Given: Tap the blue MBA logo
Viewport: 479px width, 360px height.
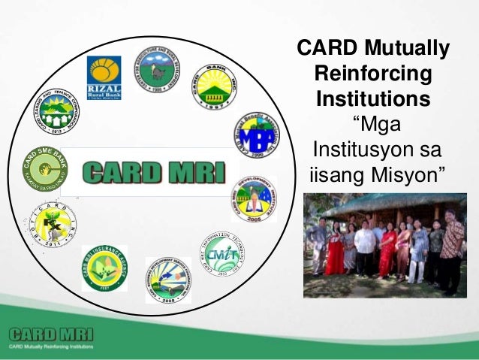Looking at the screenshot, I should tap(254, 133).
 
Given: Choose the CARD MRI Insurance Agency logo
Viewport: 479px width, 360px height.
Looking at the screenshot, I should tap(105, 268).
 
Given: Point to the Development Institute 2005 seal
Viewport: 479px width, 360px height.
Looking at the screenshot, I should tap(253, 197).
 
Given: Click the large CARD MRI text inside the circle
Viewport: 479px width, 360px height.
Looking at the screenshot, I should tap(153, 172).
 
